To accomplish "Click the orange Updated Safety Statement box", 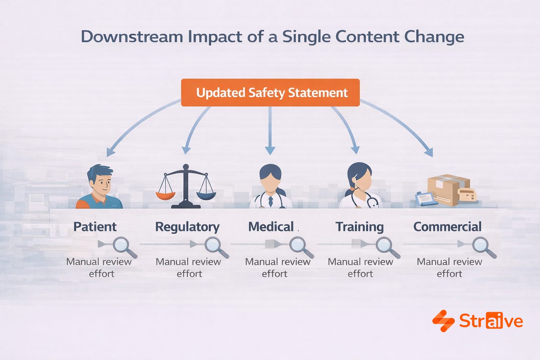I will click(x=270, y=92).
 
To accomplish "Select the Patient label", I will click(x=95, y=227).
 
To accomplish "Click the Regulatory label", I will click(x=187, y=227).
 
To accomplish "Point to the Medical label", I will click(x=271, y=227).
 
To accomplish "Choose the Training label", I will click(x=359, y=227).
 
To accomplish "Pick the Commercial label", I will click(x=447, y=227).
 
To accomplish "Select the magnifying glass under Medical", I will click(x=300, y=246).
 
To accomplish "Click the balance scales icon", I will click(x=186, y=186).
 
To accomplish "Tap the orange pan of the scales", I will click(x=165, y=195).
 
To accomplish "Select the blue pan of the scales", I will click(x=206, y=195).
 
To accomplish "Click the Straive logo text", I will click(x=491, y=321).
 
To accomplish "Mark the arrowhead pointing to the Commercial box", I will click(x=429, y=153).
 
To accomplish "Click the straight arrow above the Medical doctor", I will click(x=270, y=130).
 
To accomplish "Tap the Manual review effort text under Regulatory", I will click(x=188, y=268).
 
